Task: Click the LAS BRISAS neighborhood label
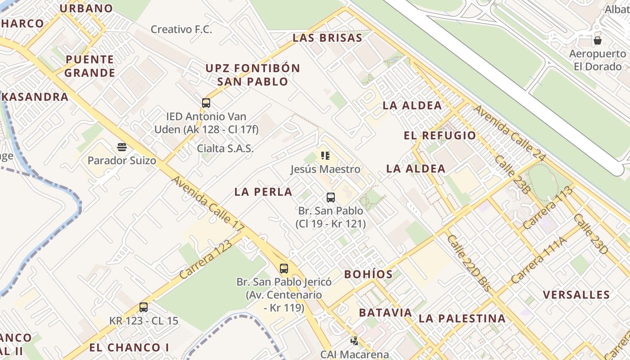tap(327, 38)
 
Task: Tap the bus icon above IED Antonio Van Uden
tap(206, 103)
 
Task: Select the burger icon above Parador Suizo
tap(122, 147)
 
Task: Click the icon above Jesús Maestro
tap(325, 156)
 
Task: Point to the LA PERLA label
tap(263, 192)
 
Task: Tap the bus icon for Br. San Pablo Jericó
tap(284, 269)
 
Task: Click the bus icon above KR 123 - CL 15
tap(144, 307)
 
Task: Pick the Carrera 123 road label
tap(206, 259)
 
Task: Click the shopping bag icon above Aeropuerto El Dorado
tap(598, 40)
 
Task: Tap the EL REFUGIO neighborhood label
tap(440, 135)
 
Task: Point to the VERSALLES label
tap(576, 295)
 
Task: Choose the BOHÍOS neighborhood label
tap(368, 274)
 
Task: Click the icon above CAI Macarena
tap(355, 341)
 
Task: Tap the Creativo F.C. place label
tap(181, 30)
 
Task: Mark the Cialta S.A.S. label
tap(225, 148)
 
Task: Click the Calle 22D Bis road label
tap(468, 263)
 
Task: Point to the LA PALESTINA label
tap(462, 319)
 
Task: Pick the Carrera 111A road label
tap(539, 260)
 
